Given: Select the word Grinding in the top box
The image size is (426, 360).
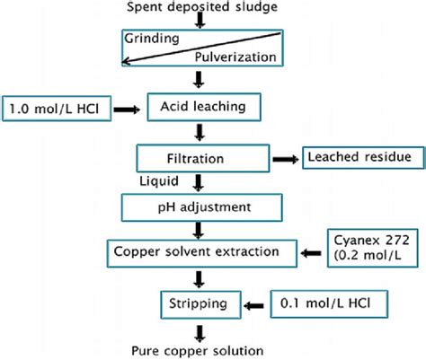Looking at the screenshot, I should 154,39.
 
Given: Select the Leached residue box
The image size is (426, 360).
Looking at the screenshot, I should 362,157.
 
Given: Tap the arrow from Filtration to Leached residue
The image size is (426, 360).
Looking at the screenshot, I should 287,156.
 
